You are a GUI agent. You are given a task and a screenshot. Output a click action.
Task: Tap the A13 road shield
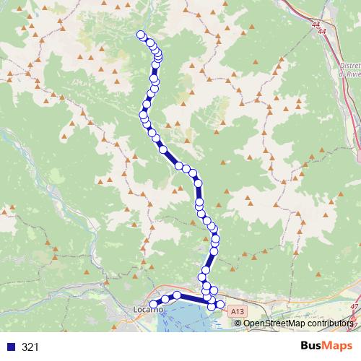[238, 310]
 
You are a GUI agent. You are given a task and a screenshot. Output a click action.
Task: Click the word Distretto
[349, 64]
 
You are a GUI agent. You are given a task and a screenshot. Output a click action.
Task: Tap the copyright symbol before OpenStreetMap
[239, 323]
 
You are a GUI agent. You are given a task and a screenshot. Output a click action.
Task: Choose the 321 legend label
[30, 347]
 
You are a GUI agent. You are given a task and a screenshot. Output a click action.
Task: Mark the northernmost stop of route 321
[140, 34]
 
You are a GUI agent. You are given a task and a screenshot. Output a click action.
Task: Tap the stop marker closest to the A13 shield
[220, 304]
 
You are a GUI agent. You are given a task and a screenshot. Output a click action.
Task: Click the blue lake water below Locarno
[180, 318]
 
